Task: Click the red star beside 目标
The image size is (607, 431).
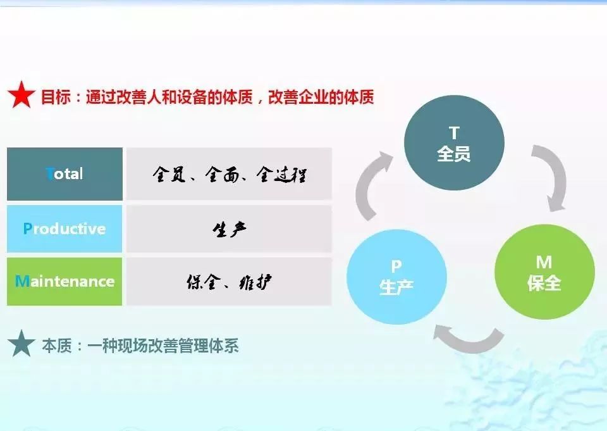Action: (x=21, y=95)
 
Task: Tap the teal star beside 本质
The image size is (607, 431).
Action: (x=21, y=344)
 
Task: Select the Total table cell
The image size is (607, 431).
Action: (x=64, y=174)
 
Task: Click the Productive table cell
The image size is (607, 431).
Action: (x=64, y=228)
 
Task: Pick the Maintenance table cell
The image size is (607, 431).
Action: (x=64, y=282)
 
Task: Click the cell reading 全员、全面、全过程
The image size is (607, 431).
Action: (x=229, y=174)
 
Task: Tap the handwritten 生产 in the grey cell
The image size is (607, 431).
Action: (x=229, y=230)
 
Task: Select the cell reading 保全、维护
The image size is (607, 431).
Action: (x=229, y=282)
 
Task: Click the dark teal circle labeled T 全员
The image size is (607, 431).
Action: (x=454, y=142)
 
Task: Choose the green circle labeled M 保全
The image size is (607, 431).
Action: (x=544, y=272)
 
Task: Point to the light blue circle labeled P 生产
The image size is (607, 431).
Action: (x=396, y=277)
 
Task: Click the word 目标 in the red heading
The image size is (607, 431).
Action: (x=56, y=96)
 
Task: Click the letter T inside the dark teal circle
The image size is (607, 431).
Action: (x=454, y=133)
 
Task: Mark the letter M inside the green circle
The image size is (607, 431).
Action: (x=544, y=263)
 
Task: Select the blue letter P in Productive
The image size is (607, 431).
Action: (x=27, y=228)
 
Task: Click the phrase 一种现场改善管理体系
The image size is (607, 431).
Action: (x=163, y=346)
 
